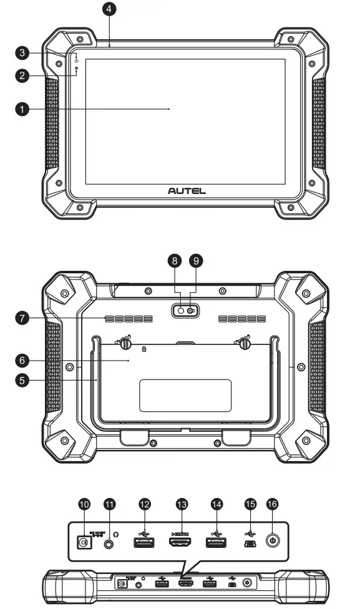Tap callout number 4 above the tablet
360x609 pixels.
(x=109, y=9)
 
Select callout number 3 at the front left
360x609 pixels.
(x=22, y=52)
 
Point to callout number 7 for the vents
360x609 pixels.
(x=22, y=319)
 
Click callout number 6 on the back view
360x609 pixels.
(x=22, y=360)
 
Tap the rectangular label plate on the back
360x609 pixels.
(x=185, y=395)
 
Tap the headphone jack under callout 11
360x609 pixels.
(x=110, y=543)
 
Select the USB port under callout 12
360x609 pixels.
(x=144, y=542)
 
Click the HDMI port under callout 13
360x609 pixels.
(x=180, y=542)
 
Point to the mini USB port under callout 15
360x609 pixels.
(x=248, y=543)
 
